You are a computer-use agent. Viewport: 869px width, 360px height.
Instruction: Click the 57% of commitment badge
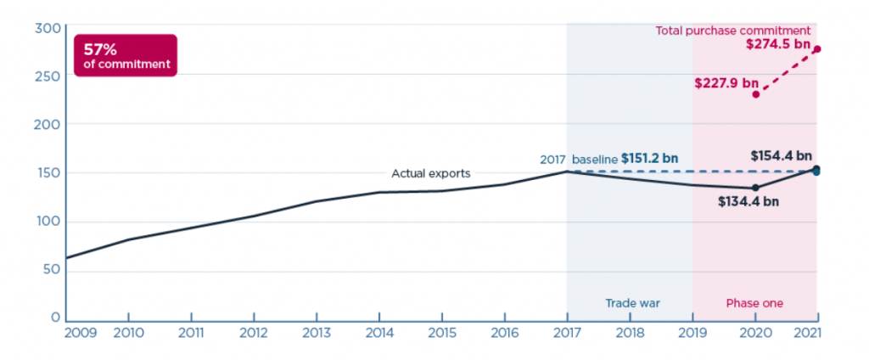(126, 55)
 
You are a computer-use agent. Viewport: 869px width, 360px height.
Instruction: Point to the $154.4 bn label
(781, 156)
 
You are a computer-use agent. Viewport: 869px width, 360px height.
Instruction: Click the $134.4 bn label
(746, 202)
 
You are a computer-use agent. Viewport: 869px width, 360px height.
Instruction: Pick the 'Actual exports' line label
(430, 174)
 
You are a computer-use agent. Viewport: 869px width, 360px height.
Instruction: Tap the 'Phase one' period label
(754, 303)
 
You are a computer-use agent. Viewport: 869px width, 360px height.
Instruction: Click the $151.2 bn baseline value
(649, 159)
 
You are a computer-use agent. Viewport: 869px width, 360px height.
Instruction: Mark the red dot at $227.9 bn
(755, 93)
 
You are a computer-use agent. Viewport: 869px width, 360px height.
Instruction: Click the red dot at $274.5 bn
(817, 49)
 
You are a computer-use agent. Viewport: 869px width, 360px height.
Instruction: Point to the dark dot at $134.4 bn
(755, 188)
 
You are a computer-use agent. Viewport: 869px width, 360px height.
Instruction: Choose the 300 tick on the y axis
(47, 28)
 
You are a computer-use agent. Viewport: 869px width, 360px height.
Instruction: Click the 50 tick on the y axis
(50, 271)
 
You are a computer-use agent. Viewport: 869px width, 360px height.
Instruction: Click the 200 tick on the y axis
(47, 124)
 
